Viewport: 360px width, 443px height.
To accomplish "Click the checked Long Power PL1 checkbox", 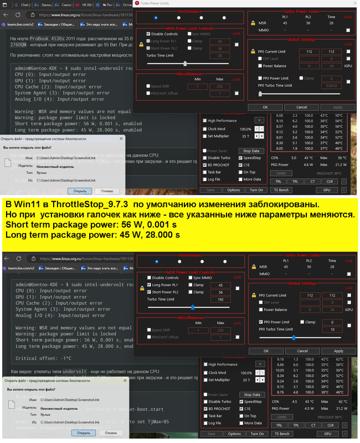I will point(148,285).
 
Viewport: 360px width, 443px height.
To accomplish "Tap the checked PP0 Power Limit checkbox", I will point(260,322).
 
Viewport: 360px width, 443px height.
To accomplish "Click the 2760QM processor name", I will point(21,45).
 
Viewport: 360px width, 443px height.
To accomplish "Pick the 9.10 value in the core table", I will point(280,121).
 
